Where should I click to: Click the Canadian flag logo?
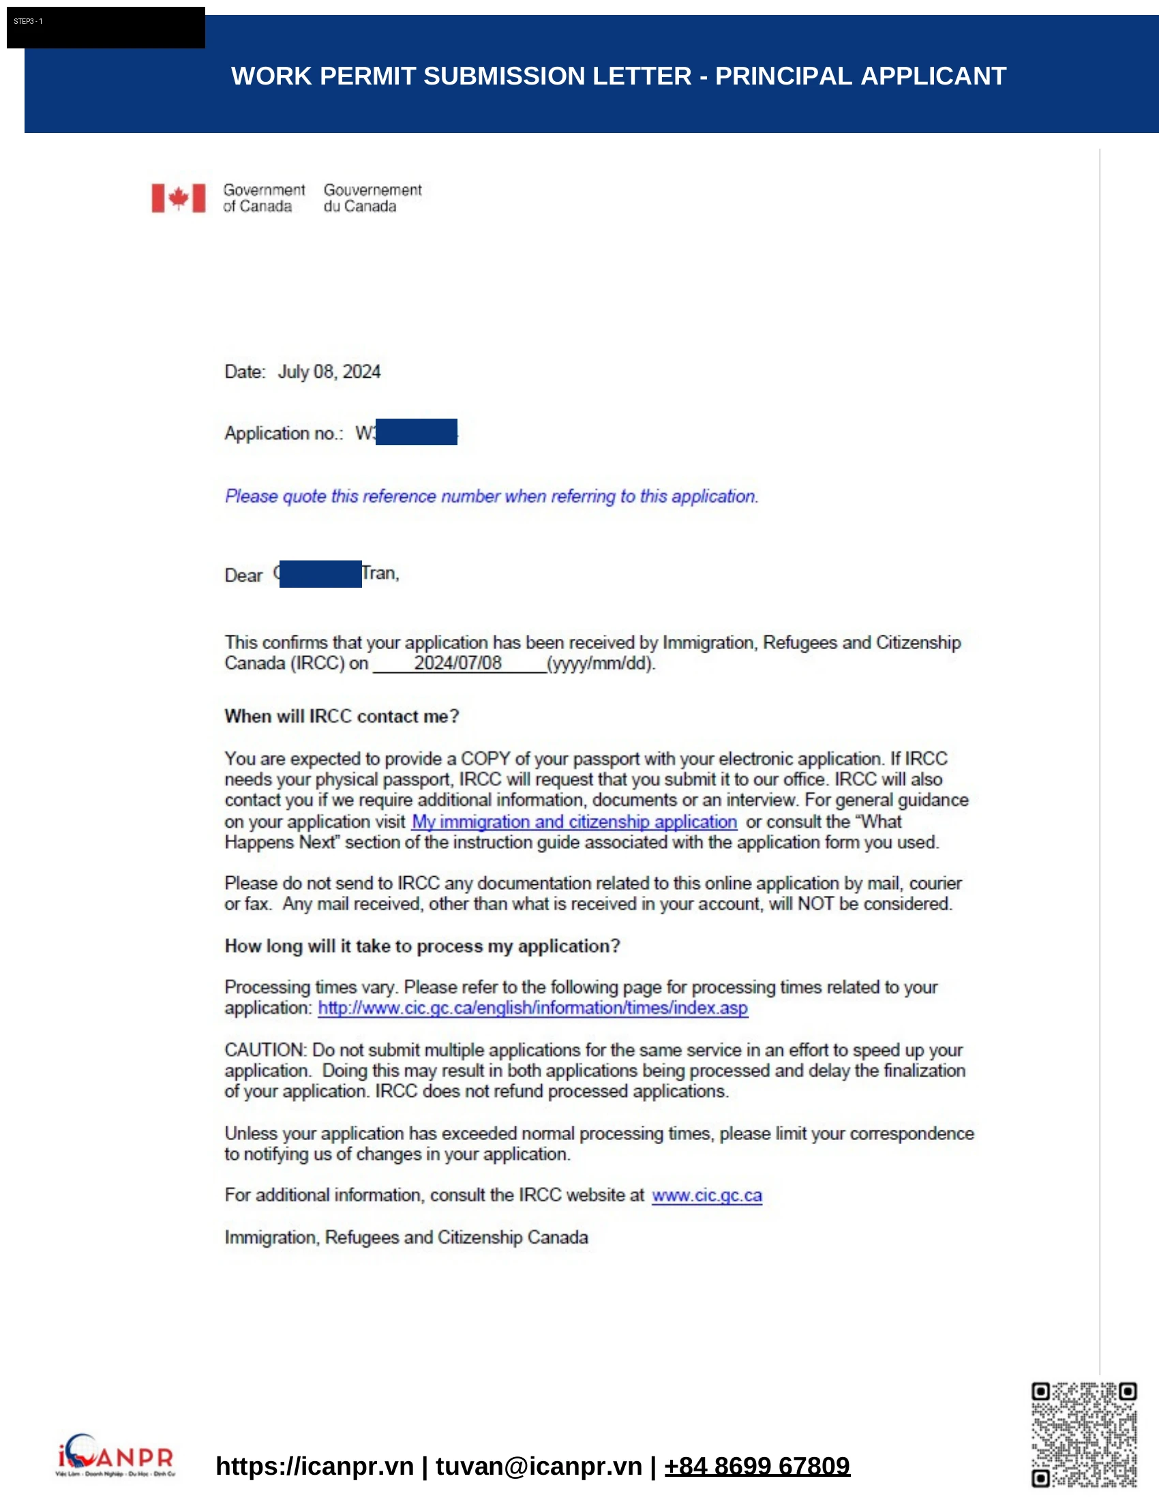179,198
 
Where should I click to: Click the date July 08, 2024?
329,372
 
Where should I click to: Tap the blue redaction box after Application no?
416,432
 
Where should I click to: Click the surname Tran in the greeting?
378,573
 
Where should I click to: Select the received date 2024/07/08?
457,663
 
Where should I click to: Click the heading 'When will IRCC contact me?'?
342,717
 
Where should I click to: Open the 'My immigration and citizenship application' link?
574,822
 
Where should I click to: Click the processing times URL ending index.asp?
533,1008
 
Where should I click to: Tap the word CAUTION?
265,1050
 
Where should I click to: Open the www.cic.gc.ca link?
706,1195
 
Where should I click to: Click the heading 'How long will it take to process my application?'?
422,946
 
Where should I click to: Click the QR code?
1083,1434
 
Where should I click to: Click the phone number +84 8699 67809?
757,1466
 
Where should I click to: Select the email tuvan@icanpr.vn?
539,1466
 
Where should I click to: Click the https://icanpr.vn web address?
314,1466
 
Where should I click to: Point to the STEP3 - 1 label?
28,21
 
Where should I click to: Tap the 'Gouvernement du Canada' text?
372,198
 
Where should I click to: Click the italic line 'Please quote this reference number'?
492,496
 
